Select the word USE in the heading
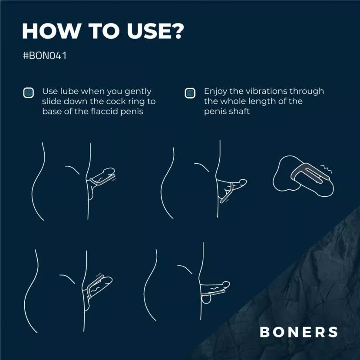point(147,31)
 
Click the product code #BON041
point(45,56)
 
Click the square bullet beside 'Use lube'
point(29,93)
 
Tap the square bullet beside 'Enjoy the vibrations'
point(190,93)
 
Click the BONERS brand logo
point(299,332)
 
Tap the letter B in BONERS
point(265,332)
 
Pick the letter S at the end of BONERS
point(333,332)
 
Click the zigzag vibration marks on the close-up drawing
point(326,169)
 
